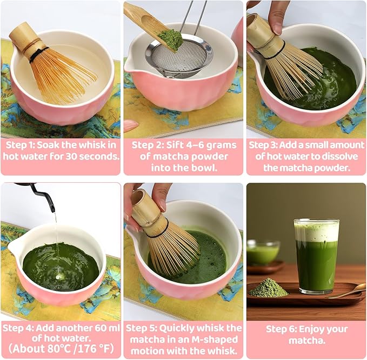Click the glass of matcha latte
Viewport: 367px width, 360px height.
316,257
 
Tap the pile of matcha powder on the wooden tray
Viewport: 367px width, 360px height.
268,289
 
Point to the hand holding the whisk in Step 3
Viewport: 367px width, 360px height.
276,14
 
